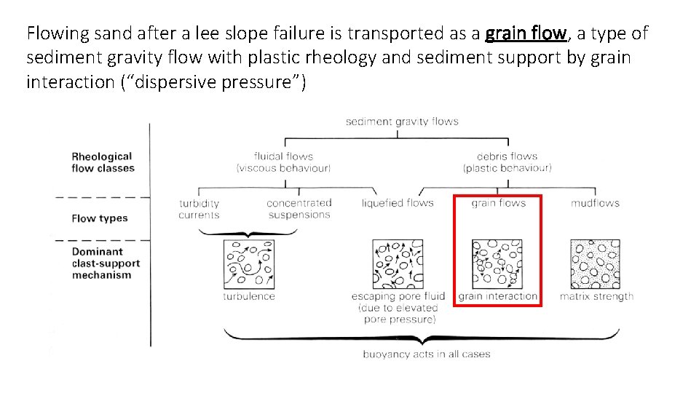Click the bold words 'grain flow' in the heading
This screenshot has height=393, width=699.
(x=526, y=33)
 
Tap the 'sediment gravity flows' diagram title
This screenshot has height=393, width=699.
(x=402, y=121)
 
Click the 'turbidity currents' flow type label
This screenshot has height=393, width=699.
(x=199, y=209)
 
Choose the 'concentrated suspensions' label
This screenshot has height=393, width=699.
(x=299, y=209)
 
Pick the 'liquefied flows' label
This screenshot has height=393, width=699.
(x=398, y=203)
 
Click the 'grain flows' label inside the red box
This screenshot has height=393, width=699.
(x=499, y=203)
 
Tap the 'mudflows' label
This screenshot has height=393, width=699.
(x=595, y=203)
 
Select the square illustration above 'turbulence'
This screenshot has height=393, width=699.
(x=249, y=263)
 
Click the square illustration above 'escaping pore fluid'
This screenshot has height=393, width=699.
(x=397, y=264)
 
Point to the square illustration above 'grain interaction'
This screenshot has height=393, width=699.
(x=498, y=264)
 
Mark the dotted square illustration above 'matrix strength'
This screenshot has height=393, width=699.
(x=596, y=264)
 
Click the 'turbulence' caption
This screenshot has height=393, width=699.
(x=249, y=296)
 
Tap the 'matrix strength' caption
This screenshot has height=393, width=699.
(x=596, y=296)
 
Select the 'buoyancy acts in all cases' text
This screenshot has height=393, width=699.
(x=427, y=354)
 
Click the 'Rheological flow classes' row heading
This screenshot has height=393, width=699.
(x=103, y=162)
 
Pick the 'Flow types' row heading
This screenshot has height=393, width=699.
(x=100, y=218)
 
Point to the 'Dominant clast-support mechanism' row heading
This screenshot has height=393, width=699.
(x=106, y=263)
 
